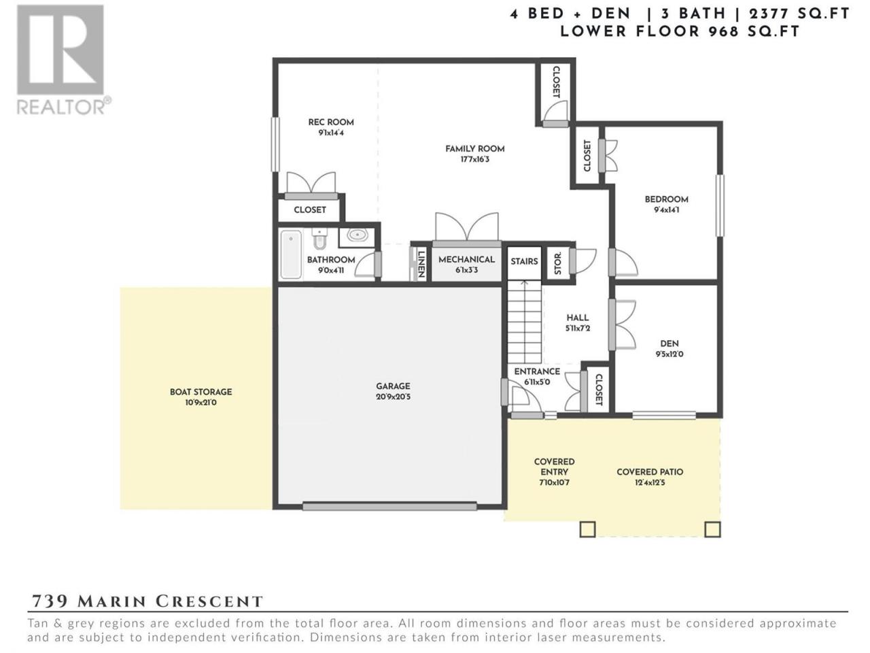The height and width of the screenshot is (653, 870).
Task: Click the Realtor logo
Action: pos(63,59)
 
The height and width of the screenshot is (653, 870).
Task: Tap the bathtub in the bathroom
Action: pos(291,254)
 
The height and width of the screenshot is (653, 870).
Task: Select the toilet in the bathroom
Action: pos(319,238)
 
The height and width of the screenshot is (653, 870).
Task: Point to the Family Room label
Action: pos(475,149)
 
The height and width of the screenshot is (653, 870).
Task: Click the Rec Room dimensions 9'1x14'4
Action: pos(331,133)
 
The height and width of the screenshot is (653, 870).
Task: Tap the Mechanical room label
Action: pos(466,259)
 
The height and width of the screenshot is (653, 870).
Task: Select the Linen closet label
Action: pos(421,265)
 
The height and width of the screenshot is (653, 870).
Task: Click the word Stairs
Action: pos(524,261)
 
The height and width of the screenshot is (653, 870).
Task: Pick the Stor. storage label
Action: pos(557,264)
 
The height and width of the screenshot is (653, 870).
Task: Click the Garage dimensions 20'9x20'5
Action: pos(393,397)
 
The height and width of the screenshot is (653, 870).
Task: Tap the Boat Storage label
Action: pos(201,392)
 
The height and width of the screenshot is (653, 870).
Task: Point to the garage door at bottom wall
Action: pos(389,506)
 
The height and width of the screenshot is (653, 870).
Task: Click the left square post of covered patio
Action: pos(587,529)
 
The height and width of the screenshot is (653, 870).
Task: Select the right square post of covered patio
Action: pos(712,529)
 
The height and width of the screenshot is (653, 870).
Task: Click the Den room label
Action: pos(669,344)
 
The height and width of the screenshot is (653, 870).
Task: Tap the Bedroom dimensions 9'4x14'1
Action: pos(667,210)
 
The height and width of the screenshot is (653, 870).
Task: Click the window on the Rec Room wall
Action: pos(275,144)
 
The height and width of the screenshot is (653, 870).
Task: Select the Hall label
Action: pos(578,318)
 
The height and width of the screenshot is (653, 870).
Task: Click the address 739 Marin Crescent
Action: pos(147,601)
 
